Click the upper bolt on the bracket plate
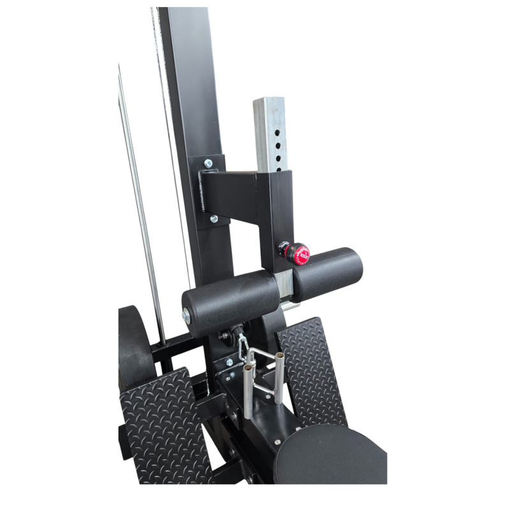point(208,164)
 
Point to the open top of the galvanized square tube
point(268,101)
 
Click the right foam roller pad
point(329,275)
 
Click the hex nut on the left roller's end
point(186,315)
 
